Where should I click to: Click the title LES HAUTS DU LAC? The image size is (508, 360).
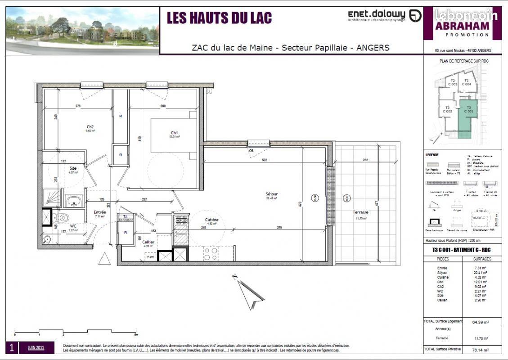coord(219,18)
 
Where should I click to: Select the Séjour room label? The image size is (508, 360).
coord(271,194)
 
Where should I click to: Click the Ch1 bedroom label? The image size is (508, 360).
coord(174,133)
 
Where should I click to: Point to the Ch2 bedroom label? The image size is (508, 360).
coord(90,127)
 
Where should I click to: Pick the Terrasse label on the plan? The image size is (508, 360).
coord(360,212)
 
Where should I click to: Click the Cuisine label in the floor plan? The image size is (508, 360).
coord(211,220)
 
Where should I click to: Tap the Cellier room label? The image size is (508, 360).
coord(148,242)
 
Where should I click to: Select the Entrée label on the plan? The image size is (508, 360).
coord(99,212)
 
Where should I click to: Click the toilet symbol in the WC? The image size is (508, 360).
coord(63,218)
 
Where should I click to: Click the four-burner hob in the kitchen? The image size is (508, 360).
coord(211,253)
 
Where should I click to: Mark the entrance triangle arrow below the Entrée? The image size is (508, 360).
coord(104,258)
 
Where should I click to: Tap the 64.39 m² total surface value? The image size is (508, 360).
coord(481,322)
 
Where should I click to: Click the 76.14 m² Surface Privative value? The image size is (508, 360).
coord(481,350)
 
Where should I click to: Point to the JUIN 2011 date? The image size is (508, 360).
coord(36,347)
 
